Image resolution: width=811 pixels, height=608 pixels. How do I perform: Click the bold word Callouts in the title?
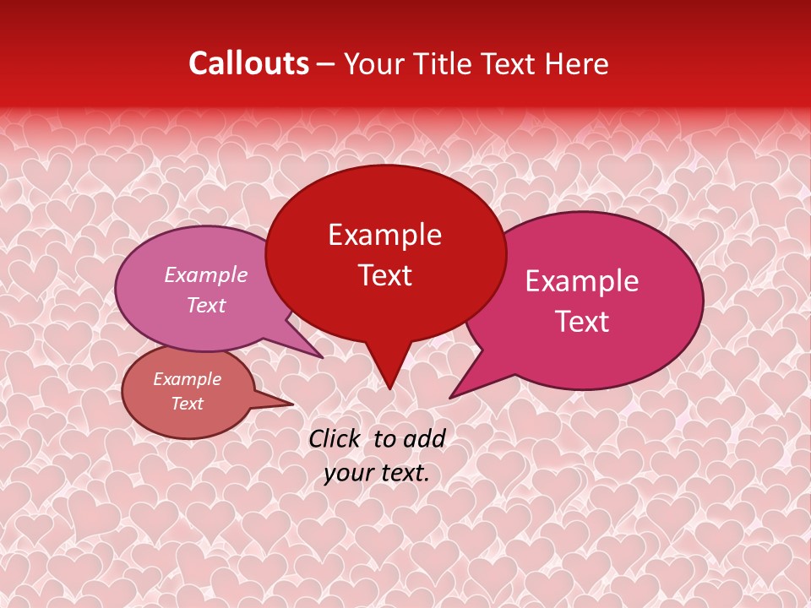point(248,63)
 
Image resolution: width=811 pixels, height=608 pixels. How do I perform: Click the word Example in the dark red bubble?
point(384,235)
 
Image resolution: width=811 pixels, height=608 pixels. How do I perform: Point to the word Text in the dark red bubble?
point(384,275)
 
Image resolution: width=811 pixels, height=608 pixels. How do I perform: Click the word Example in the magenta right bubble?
point(582,281)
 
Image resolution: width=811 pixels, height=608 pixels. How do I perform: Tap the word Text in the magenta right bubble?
point(582,322)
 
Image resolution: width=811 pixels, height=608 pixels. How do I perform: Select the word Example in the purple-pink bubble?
point(206,274)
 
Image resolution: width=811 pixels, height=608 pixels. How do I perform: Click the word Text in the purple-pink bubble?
point(206,305)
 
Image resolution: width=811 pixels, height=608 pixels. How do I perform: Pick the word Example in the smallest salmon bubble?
point(187,379)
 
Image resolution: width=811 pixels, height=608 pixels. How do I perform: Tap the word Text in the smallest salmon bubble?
point(187,404)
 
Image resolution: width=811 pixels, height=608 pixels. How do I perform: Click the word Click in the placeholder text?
point(334,438)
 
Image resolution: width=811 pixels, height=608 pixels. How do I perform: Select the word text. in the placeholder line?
point(403,473)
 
